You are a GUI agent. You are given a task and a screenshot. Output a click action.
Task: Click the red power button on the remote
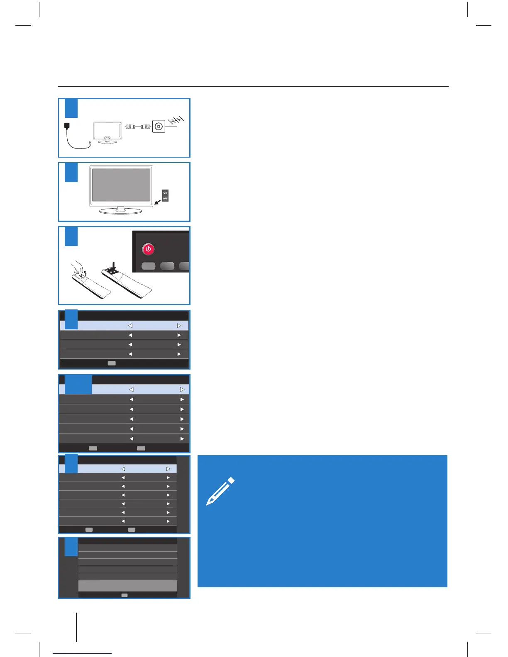148,249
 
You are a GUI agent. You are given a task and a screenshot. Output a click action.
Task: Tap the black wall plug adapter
67,125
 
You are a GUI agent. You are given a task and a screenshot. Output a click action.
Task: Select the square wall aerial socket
159,126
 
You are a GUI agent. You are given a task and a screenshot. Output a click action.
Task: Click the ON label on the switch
165,193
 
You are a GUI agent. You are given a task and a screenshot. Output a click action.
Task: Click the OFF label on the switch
165,199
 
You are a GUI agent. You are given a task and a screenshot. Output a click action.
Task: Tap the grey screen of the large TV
121,185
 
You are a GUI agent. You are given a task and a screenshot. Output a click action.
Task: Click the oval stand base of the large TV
121,211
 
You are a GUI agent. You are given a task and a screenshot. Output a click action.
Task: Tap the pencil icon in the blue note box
220,491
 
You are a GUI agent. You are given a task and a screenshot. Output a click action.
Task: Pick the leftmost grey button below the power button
149,266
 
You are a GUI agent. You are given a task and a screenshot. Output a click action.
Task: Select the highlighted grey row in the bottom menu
127,586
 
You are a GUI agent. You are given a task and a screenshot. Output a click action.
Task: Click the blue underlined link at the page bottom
82,653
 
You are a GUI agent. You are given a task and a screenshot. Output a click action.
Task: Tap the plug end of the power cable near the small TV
90,143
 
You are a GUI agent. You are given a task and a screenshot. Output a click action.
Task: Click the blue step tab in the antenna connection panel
71,108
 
